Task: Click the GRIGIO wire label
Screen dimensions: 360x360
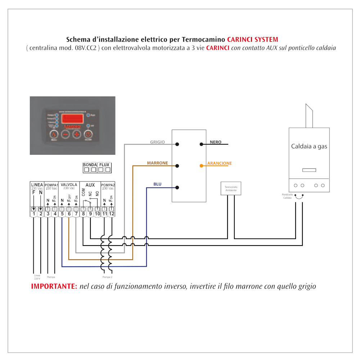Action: pos(157,142)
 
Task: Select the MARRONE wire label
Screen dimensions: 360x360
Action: pos(157,163)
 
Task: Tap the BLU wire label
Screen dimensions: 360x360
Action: pos(157,184)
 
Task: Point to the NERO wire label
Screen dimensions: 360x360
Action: pos(216,142)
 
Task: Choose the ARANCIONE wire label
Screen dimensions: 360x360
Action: pos(219,163)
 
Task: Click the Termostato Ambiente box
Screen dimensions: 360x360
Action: pos(231,189)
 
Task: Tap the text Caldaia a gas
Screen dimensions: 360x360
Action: pos(309,147)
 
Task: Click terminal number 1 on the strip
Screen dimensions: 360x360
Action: pos(33,214)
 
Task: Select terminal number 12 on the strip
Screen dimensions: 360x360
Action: pos(111,214)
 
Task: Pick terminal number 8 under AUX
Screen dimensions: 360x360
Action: pos(83,214)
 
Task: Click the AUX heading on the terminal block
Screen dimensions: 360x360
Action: pos(90,185)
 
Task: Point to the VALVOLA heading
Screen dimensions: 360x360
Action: pos(69,185)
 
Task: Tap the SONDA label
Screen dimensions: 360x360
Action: pos(90,165)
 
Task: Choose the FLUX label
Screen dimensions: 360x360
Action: pos(104,165)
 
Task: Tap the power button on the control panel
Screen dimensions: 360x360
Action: pos(88,134)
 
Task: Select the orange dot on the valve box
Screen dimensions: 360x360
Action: pos(201,166)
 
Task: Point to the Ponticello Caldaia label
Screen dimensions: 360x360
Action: pos(287,196)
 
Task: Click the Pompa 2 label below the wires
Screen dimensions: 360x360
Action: pos(108,278)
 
